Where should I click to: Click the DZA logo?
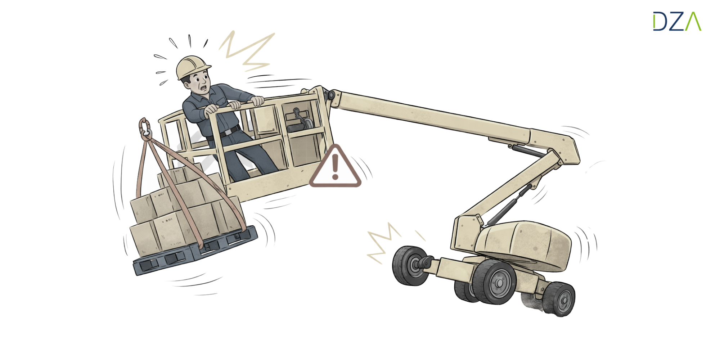[x=677, y=21]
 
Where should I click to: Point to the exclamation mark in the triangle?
[x=335, y=167]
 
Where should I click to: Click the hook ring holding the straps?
[x=145, y=129]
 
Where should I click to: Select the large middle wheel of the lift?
[x=494, y=282]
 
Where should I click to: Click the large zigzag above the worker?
[x=247, y=51]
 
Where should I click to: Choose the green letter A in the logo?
[x=693, y=22]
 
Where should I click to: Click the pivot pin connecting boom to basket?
[x=330, y=95]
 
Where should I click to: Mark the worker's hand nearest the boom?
[x=257, y=101]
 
